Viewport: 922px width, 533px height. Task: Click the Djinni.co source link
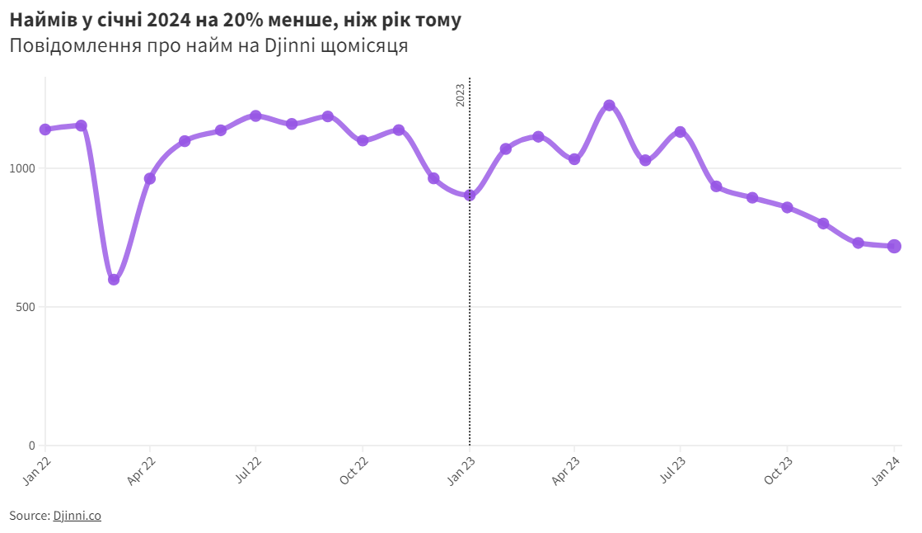pyautogui.click(x=77, y=516)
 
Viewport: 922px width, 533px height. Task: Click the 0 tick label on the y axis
pyautogui.click(x=32, y=446)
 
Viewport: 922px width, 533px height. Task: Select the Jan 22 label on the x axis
pyautogui.click(x=38, y=467)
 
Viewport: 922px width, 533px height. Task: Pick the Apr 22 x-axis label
pyautogui.click(x=143, y=467)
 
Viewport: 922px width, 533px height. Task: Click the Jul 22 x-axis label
pyautogui.click(x=248, y=467)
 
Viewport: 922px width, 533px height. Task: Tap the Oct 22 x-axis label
pyautogui.click(x=354, y=467)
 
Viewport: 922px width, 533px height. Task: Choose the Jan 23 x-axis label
pyautogui.click(x=461, y=467)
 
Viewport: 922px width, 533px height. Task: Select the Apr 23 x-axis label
pyautogui.click(x=566, y=467)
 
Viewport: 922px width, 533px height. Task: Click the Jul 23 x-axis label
pyautogui.click(x=672, y=467)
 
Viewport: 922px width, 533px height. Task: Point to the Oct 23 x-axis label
pyautogui.click(x=779, y=467)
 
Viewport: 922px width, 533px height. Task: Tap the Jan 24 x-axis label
pyautogui.click(x=886, y=467)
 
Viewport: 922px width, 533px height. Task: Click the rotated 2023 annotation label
pyautogui.click(x=461, y=95)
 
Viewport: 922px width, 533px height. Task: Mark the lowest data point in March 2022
pyautogui.click(x=114, y=279)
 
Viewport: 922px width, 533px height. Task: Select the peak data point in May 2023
pyautogui.click(x=609, y=106)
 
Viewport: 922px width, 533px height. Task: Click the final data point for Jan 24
pyautogui.click(x=894, y=246)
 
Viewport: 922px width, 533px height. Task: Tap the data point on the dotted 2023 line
pyautogui.click(x=470, y=196)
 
